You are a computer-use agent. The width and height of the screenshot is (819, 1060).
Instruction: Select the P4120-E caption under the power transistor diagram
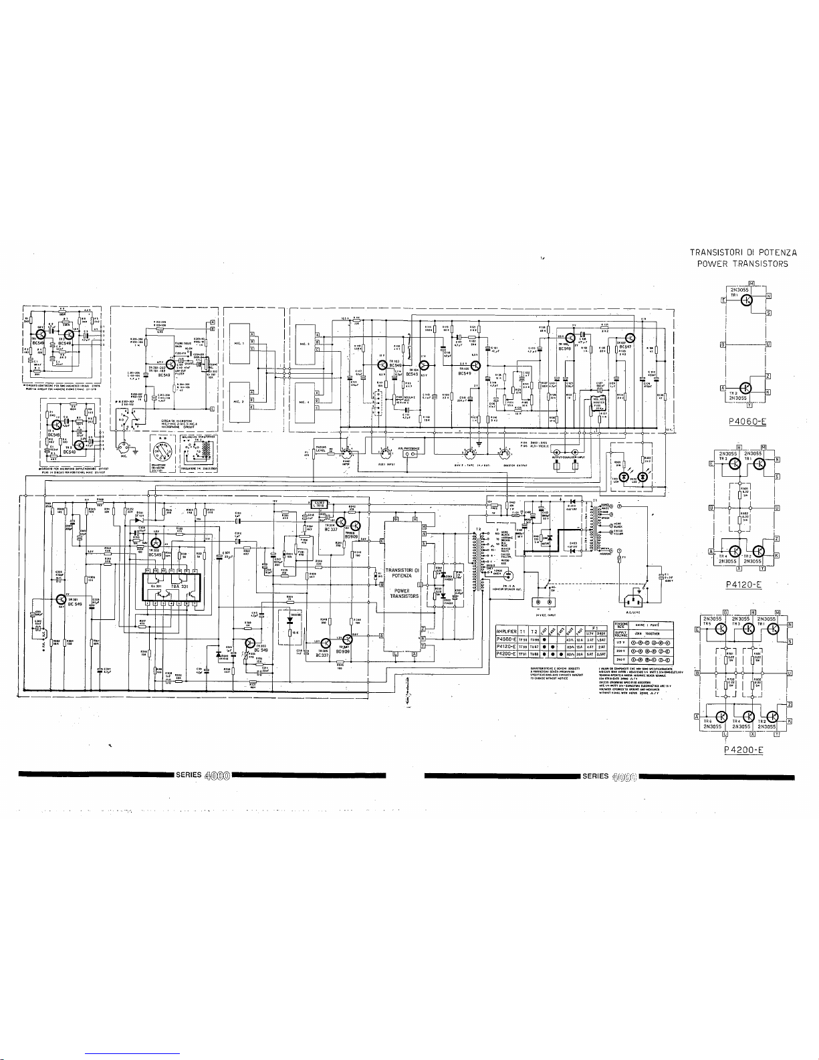[743, 584]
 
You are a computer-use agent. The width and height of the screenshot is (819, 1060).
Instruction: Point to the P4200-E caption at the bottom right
[743, 750]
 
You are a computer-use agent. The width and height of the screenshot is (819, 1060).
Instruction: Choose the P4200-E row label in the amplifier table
[510, 655]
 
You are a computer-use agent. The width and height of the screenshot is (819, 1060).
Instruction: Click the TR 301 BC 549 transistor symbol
[61, 599]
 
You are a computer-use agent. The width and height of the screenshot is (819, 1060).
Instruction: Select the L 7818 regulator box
[318, 503]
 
